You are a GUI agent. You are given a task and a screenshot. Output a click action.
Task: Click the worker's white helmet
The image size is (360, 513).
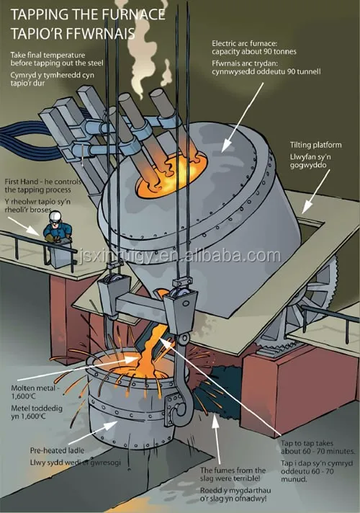(x=55, y=215)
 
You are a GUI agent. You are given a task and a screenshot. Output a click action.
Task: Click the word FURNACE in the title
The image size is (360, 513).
(x=133, y=14)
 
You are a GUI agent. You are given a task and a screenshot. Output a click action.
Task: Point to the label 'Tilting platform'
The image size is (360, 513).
(x=315, y=145)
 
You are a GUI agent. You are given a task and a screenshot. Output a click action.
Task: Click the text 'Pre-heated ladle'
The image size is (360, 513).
(x=57, y=450)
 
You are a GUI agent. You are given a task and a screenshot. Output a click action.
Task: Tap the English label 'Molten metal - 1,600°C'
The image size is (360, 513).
(x=35, y=392)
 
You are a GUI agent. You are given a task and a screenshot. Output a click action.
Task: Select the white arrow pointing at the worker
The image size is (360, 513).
(x=24, y=226)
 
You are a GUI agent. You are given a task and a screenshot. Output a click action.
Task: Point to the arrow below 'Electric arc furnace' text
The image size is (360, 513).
(x=242, y=117)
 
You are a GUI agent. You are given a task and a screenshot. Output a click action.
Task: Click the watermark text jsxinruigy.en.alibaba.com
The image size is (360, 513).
(x=179, y=256)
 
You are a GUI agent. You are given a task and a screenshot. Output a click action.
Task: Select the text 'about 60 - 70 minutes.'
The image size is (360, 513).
(x=318, y=451)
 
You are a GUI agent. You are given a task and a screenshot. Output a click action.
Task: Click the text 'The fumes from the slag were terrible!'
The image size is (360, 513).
(x=233, y=474)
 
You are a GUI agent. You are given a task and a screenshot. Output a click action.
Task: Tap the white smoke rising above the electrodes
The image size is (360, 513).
(x=144, y=49)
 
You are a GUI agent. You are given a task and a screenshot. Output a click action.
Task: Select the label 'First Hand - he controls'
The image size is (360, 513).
(x=42, y=182)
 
